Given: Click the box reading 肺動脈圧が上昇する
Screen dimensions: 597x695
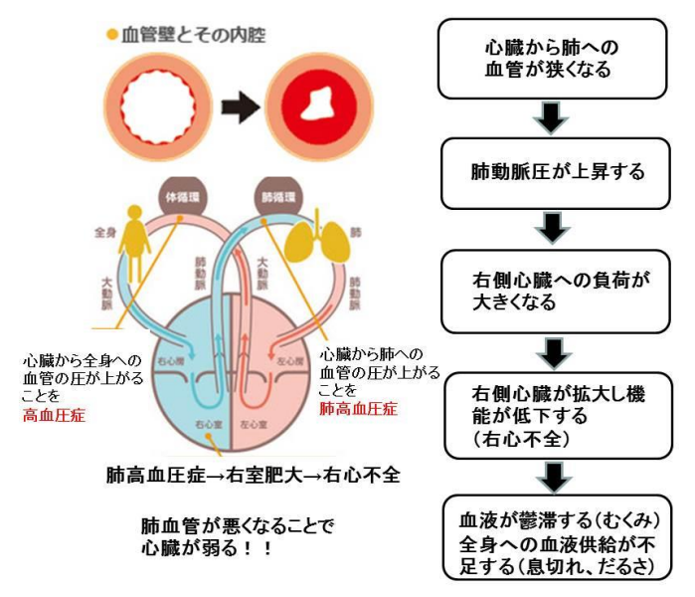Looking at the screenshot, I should (x=557, y=171).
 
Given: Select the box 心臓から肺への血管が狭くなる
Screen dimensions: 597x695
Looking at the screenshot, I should (x=557, y=59).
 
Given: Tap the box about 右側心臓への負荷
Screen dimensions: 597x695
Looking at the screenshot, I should (x=557, y=290).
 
